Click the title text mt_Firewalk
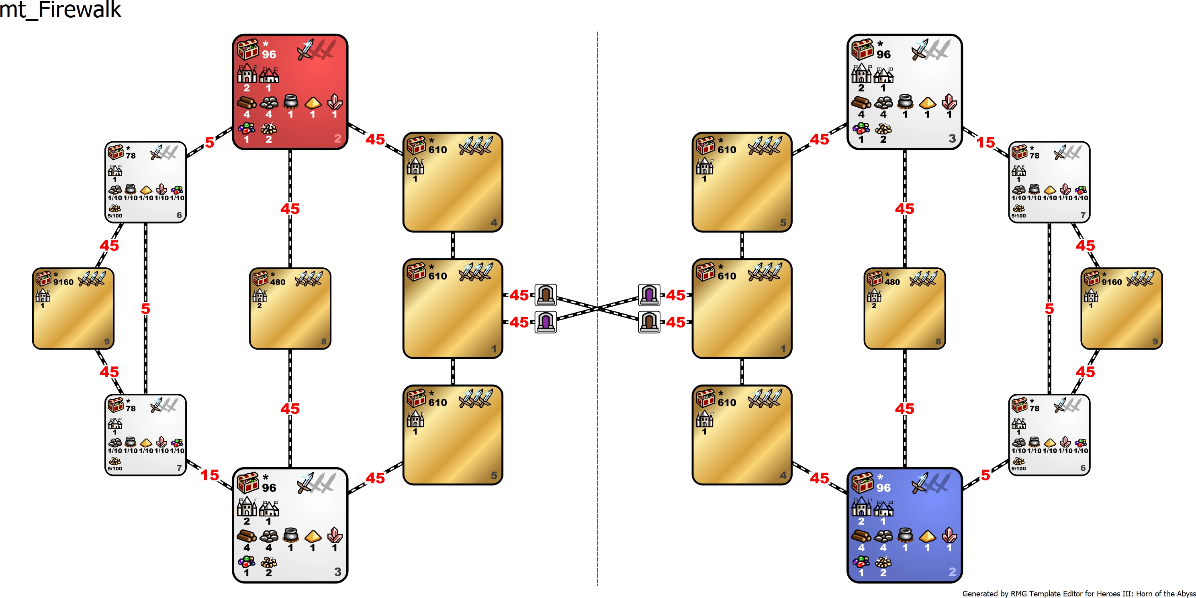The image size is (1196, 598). pyautogui.click(x=60, y=9)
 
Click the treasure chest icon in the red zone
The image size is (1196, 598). pyautogui.click(x=248, y=50)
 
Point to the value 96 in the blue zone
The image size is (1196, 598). pyautogui.click(x=883, y=488)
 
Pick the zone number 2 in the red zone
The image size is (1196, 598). pyautogui.click(x=337, y=138)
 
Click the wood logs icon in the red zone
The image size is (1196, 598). pyautogui.click(x=247, y=102)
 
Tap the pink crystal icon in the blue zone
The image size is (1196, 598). pyautogui.click(x=949, y=535)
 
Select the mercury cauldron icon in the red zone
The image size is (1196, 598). pyautogui.click(x=290, y=102)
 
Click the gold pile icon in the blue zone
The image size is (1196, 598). pyautogui.click(x=927, y=536)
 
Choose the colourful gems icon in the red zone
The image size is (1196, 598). pyautogui.click(x=247, y=128)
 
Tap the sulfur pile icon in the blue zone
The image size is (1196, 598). pyautogui.click(x=883, y=562)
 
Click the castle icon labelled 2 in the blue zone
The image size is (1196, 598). pyautogui.click(x=861, y=506)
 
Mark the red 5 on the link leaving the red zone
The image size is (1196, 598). pyautogui.click(x=210, y=142)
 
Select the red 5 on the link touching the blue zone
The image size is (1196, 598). pyautogui.click(x=985, y=475)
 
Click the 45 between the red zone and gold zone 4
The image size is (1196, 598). pyautogui.click(x=375, y=139)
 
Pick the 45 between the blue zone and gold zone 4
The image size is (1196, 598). pyautogui.click(x=820, y=478)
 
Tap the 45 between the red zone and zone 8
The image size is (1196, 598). pyautogui.click(x=290, y=209)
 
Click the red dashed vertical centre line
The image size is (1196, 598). pyautogui.click(x=597, y=309)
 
